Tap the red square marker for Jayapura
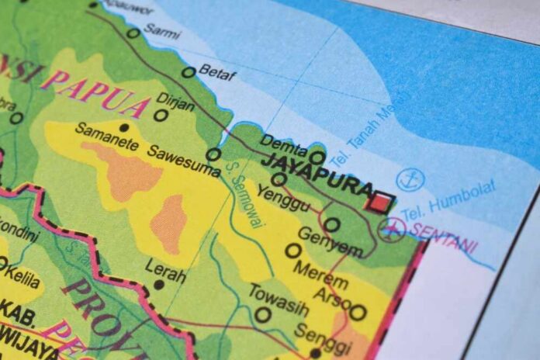(x=380, y=202)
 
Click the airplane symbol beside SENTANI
(x=393, y=229)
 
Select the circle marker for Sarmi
(x=133, y=33)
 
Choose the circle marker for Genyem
(x=331, y=225)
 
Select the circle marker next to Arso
(x=358, y=312)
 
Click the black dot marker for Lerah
(x=158, y=285)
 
